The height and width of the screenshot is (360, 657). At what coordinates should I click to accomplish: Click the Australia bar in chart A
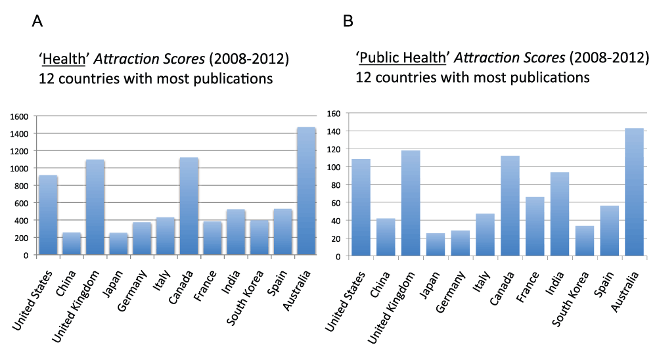[x=307, y=191]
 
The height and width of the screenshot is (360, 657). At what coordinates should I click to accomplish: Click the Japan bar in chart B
[x=436, y=244]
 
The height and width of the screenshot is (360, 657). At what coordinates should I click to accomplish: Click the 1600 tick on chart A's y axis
[x=20, y=116]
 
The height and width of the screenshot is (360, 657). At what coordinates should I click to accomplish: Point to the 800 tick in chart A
[x=23, y=185]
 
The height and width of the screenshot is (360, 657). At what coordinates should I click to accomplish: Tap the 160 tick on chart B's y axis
[x=336, y=114]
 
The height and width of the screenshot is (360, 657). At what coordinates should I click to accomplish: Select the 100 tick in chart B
[x=336, y=167]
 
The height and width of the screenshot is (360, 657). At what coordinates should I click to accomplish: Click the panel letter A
[x=37, y=22]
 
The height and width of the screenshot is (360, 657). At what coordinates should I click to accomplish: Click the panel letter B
[x=348, y=22]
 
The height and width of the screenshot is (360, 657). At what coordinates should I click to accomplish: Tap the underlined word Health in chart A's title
[x=64, y=60]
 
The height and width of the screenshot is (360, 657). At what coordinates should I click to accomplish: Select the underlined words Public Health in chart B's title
[x=403, y=58]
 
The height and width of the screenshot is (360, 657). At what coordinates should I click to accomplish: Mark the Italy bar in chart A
[x=166, y=236]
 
